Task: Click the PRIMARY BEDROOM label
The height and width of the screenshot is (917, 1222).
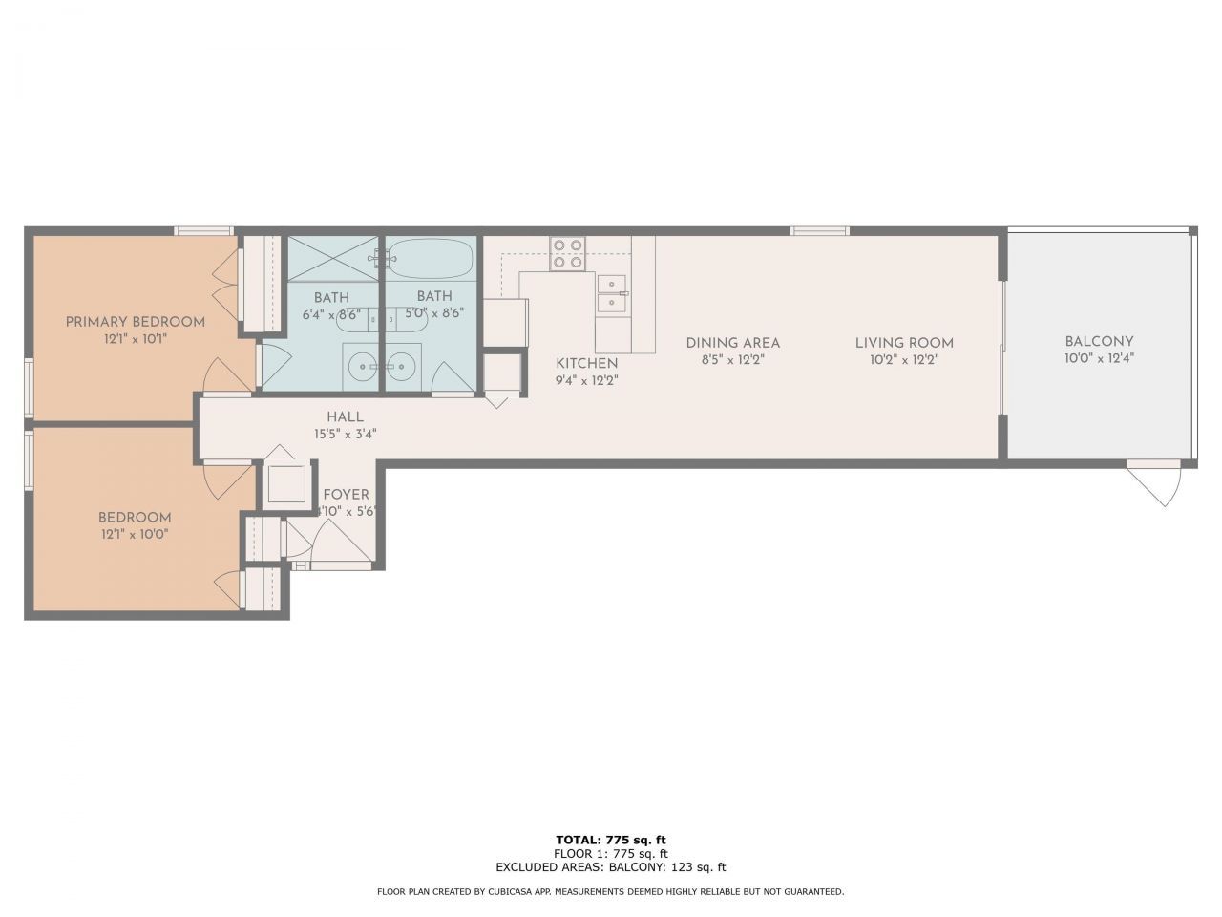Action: [x=136, y=322]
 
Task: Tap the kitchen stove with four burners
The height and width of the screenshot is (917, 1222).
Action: [x=567, y=253]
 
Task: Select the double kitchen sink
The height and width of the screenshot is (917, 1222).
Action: [x=612, y=294]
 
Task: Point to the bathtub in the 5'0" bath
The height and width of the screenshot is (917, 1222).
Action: [x=430, y=258]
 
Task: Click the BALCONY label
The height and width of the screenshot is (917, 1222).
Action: [x=1099, y=341]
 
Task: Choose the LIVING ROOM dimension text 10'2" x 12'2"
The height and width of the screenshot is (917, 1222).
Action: [x=904, y=360]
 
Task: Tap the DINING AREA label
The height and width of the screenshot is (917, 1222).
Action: [x=732, y=343]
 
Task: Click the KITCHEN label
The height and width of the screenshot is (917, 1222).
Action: [x=587, y=364]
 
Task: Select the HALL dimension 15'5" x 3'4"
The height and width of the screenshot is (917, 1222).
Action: [x=346, y=435]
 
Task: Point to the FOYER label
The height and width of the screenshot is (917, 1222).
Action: [x=346, y=495]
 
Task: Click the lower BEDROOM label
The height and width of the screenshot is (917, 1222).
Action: [x=135, y=518]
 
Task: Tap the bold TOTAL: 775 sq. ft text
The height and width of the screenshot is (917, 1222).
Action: [x=611, y=840]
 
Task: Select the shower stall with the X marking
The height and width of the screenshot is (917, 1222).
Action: [x=332, y=259]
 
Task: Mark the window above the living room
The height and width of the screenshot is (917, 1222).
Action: [x=819, y=231]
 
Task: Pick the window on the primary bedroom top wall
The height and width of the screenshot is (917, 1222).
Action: [x=203, y=231]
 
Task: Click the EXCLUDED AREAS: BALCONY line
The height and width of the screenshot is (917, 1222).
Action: [x=611, y=867]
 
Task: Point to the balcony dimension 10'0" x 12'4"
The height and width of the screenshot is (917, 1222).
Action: [x=1099, y=358]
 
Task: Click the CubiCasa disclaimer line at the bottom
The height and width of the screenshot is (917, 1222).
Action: [x=611, y=891]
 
